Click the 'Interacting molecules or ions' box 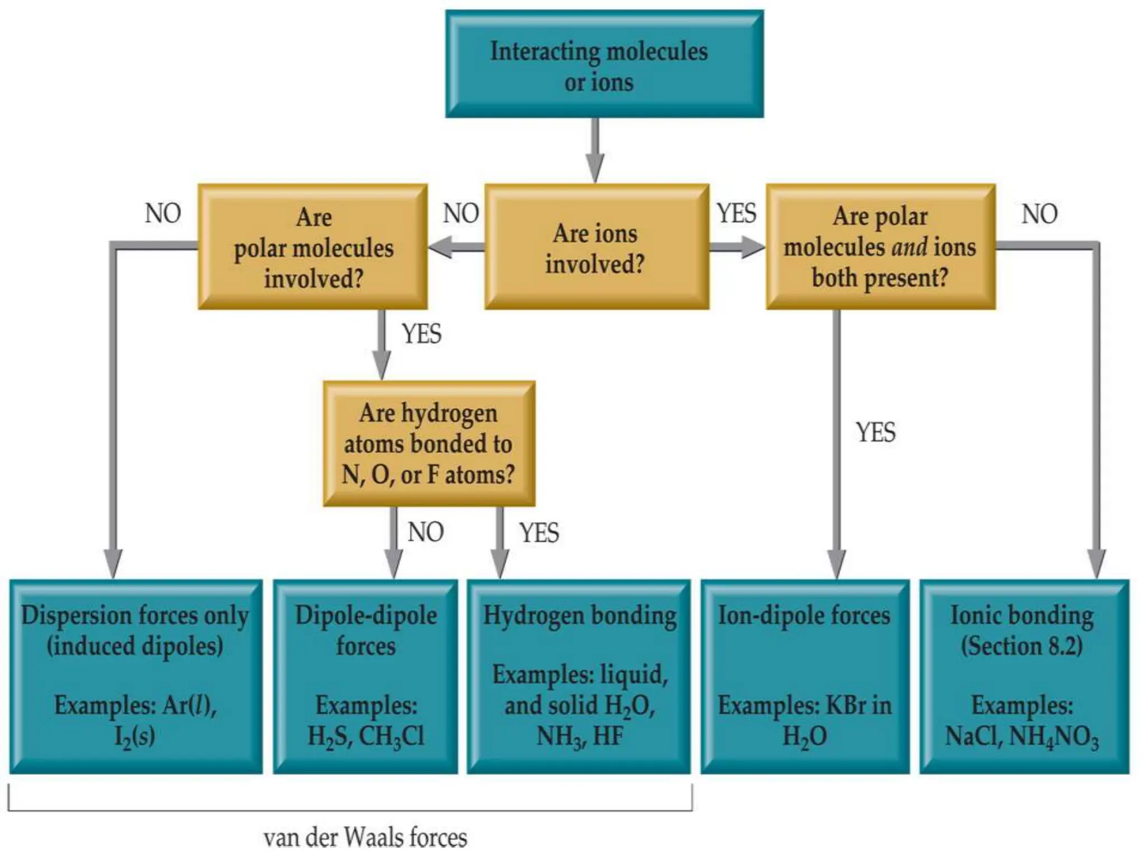pyautogui.click(x=604, y=64)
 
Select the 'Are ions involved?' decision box pyautogui.click(x=596, y=247)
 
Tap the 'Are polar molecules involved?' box pyautogui.click(x=313, y=247)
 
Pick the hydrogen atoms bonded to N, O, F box pyautogui.click(x=429, y=443)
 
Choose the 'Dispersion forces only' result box pyautogui.click(x=136, y=676)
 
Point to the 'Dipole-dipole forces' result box pyautogui.click(x=365, y=676)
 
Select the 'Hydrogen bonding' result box pyautogui.click(x=579, y=676)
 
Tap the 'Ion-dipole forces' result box pyautogui.click(x=805, y=676)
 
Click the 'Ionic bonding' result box pyautogui.click(x=1024, y=676)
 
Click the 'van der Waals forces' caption pyautogui.click(x=365, y=838)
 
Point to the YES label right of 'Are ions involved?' pyautogui.click(x=736, y=214)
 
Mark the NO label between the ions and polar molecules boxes pyautogui.click(x=461, y=214)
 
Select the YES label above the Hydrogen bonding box pyautogui.click(x=539, y=532)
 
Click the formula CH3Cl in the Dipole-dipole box pyautogui.click(x=391, y=737)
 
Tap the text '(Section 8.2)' pyautogui.click(x=1022, y=646)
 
